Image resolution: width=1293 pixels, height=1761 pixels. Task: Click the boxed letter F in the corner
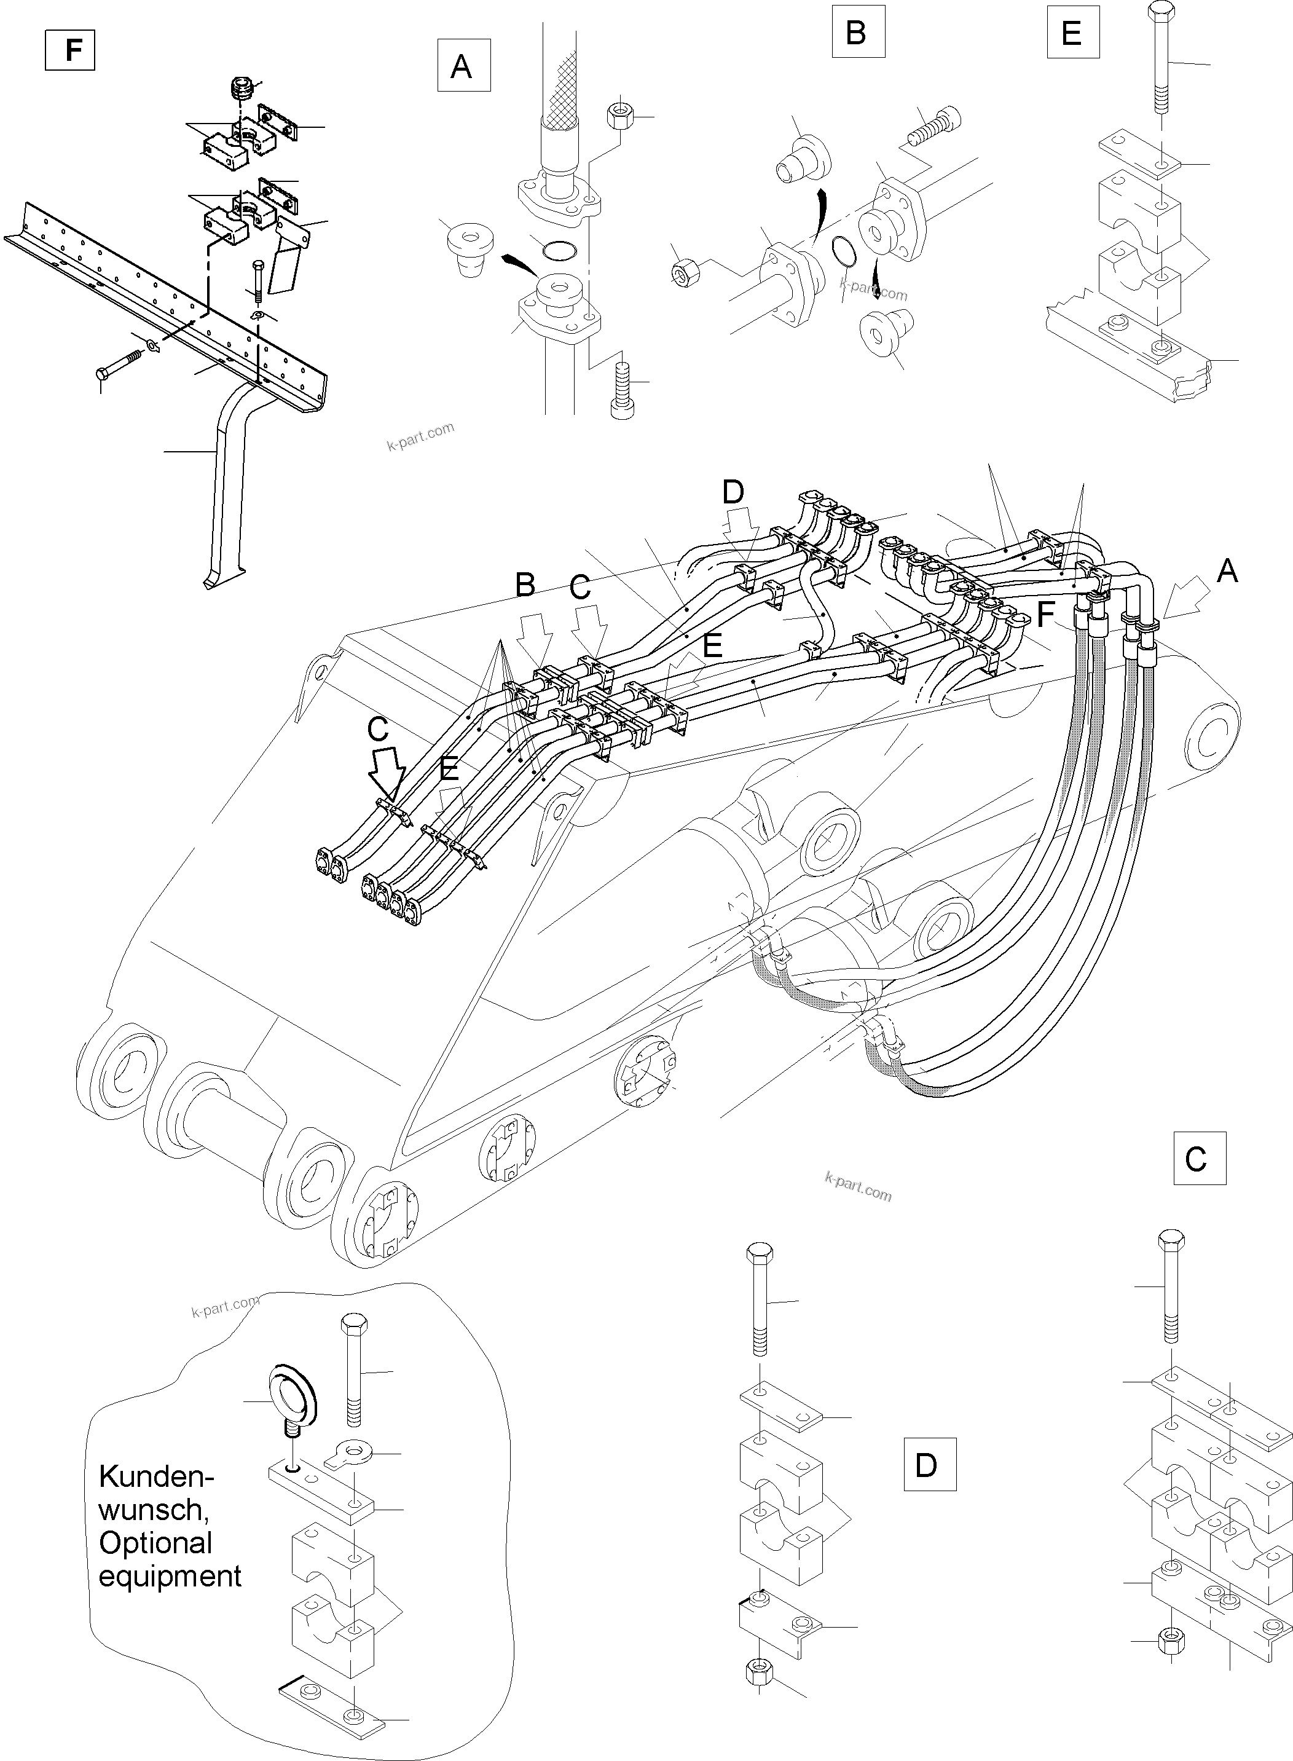pyautogui.click(x=71, y=49)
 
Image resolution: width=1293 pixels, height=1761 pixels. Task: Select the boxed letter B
pyautogui.click(x=858, y=33)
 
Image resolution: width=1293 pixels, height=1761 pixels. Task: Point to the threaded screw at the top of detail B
pyautogui.click(x=932, y=128)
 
